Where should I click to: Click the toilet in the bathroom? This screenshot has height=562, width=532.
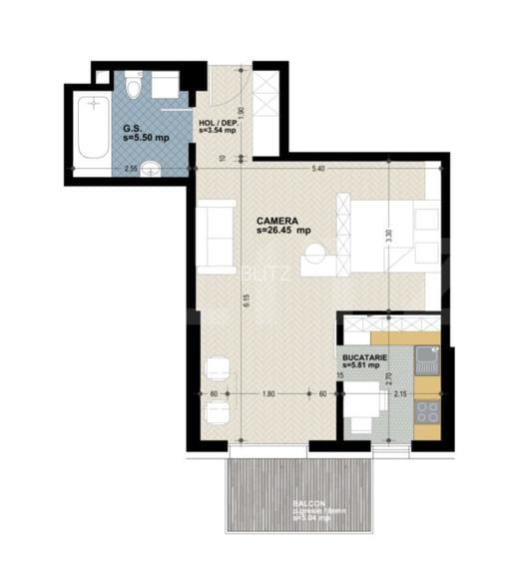tap(138, 86)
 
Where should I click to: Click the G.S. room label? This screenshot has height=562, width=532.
tap(131, 129)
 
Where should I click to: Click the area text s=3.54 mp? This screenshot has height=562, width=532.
tap(217, 131)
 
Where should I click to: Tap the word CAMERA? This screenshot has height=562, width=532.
tap(274, 223)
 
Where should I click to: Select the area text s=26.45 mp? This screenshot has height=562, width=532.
tap(283, 233)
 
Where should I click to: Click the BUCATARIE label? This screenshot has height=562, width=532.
tap(363, 356)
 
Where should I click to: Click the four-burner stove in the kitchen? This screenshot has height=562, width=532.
tap(427, 410)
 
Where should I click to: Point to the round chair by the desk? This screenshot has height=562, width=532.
tap(318, 262)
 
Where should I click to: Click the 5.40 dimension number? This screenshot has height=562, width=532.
tap(318, 168)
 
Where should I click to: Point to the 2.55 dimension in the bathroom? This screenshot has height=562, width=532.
tap(131, 169)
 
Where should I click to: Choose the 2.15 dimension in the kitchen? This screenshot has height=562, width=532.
tap(400, 394)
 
